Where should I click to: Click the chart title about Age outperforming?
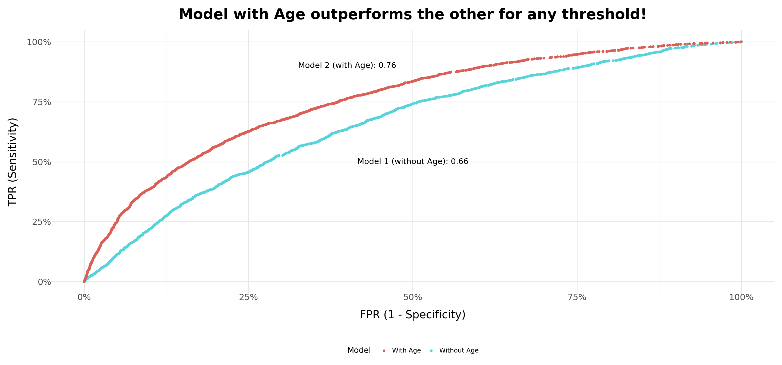click(x=412, y=14)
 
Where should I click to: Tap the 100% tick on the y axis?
click(x=39, y=42)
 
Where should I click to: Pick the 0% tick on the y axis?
click(x=44, y=282)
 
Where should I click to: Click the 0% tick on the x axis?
click(x=84, y=297)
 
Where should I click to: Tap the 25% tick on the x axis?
click(x=248, y=297)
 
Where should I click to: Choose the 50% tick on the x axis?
click(x=412, y=297)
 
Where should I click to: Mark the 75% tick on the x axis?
click(x=577, y=297)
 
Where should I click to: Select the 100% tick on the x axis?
click(x=741, y=297)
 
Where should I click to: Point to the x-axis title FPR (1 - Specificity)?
click(x=412, y=314)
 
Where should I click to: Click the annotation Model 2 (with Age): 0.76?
click(x=347, y=65)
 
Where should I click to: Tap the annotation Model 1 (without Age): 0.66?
click(x=412, y=161)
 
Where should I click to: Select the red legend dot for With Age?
click(x=384, y=351)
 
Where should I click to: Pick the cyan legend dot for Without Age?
click(x=431, y=351)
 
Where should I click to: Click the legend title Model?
click(x=359, y=350)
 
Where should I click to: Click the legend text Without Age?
click(x=459, y=350)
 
